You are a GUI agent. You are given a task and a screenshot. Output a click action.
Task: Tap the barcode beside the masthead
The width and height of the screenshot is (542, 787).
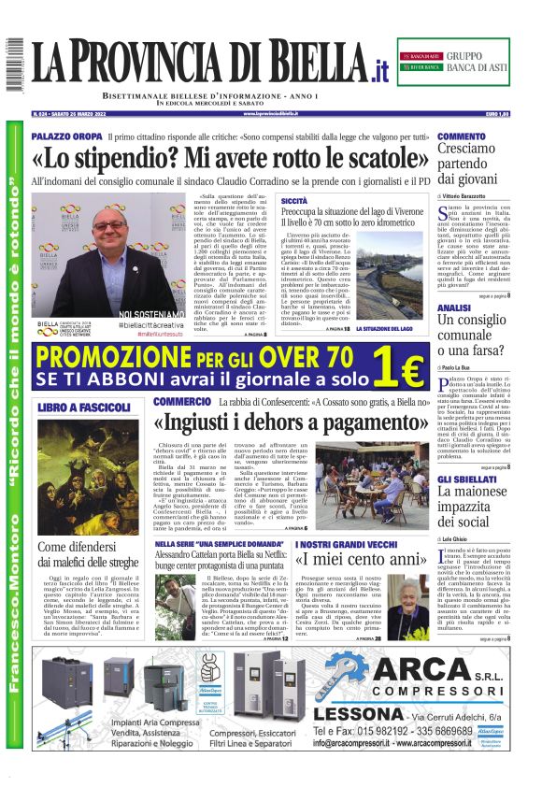[14, 64]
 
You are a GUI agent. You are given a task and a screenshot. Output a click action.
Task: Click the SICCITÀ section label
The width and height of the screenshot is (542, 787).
[293, 201]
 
